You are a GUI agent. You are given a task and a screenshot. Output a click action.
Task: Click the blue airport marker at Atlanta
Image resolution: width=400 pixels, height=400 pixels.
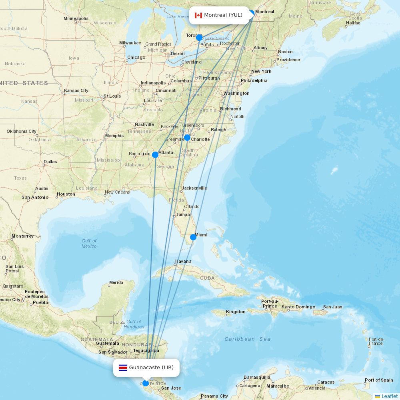(155, 155)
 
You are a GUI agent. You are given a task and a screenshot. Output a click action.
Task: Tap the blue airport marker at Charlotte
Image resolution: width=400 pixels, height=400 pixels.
(187, 138)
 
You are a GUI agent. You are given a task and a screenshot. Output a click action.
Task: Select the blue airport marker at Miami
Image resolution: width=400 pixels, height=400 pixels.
(193, 237)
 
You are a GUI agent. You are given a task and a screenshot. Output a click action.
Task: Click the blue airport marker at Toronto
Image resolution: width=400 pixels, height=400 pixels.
(199, 38)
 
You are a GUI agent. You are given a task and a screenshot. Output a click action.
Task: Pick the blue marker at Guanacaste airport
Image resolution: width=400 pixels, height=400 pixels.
(146, 383)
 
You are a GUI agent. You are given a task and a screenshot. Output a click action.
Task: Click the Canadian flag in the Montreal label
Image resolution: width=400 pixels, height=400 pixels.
(198, 15)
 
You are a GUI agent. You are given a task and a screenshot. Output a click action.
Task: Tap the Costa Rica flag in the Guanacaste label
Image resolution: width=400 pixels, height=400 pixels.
(123, 368)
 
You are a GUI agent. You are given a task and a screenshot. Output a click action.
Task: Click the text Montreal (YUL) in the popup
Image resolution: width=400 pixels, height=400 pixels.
(223, 15)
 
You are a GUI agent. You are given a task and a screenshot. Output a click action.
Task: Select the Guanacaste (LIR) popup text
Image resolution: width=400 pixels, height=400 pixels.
(151, 368)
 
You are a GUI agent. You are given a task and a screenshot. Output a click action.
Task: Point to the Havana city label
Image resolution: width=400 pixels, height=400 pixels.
(183, 262)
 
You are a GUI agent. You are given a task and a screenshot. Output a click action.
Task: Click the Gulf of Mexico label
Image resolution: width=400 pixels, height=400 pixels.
(89, 243)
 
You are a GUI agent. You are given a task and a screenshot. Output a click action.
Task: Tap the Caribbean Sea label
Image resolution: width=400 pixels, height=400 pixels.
(247, 339)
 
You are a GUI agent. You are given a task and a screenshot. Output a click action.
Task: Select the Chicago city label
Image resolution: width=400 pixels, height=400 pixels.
(136, 57)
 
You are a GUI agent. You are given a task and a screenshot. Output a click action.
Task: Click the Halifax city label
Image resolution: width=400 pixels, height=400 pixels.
(353, 23)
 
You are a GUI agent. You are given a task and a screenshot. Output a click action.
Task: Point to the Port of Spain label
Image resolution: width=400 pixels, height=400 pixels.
(378, 380)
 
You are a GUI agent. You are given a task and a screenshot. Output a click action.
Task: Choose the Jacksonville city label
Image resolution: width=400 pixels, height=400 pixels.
(194, 188)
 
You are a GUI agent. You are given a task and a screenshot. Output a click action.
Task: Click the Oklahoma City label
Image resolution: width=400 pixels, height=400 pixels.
(21, 131)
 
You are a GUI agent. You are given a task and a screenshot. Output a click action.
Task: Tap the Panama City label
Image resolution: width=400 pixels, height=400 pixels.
(214, 396)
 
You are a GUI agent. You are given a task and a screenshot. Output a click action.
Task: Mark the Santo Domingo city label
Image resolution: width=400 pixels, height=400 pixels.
(298, 307)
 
